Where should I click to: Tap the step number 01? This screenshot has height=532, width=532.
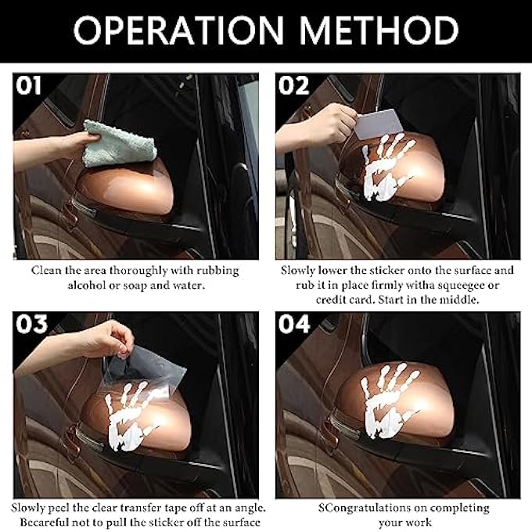click(28, 85)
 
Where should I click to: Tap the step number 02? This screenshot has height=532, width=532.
click(294, 85)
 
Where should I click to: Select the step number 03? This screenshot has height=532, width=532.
click(31, 324)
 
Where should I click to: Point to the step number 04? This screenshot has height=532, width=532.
click(294, 324)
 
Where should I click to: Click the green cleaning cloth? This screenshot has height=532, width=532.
click(120, 144)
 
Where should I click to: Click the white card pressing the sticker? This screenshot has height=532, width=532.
click(379, 124)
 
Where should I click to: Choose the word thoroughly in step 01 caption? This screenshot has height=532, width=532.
click(138, 271)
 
